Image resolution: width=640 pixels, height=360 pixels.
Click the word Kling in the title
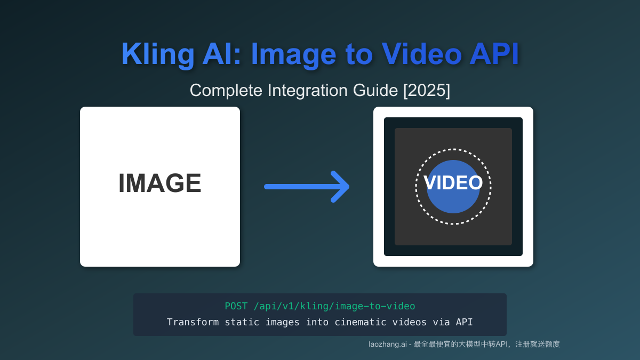tap(157, 54)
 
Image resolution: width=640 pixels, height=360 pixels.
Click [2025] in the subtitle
tap(427, 91)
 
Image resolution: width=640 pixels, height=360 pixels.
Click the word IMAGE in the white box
tap(160, 183)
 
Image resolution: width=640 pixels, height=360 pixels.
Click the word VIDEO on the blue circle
tap(453, 183)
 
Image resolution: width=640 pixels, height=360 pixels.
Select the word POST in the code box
tap(236, 306)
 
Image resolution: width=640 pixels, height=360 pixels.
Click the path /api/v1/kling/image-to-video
tap(334, 306)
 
